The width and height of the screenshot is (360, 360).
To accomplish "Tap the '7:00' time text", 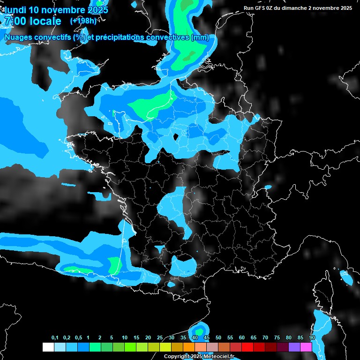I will [15, 21].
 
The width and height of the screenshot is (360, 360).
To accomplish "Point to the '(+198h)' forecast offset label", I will [83, 21].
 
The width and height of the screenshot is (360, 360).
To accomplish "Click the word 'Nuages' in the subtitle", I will [18, 37].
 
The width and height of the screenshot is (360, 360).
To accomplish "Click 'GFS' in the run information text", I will [261, 8].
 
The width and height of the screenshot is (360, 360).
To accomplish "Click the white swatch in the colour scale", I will [48, 347].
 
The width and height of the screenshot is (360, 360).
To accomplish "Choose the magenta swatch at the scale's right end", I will [306, 347].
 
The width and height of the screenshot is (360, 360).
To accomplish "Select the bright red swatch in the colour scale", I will [247, 347].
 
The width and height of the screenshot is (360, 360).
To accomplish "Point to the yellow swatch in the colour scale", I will [165, 347].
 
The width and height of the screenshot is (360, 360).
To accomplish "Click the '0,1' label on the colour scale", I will [55, 338].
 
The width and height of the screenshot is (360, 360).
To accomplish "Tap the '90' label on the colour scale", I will [312, 338].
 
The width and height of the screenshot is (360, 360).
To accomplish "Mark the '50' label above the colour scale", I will [218, 338].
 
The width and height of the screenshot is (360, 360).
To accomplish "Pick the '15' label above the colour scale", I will [136, 338].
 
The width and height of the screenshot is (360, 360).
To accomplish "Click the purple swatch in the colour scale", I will [294, 347].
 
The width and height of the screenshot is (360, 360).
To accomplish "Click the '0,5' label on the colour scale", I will [78, 338].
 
